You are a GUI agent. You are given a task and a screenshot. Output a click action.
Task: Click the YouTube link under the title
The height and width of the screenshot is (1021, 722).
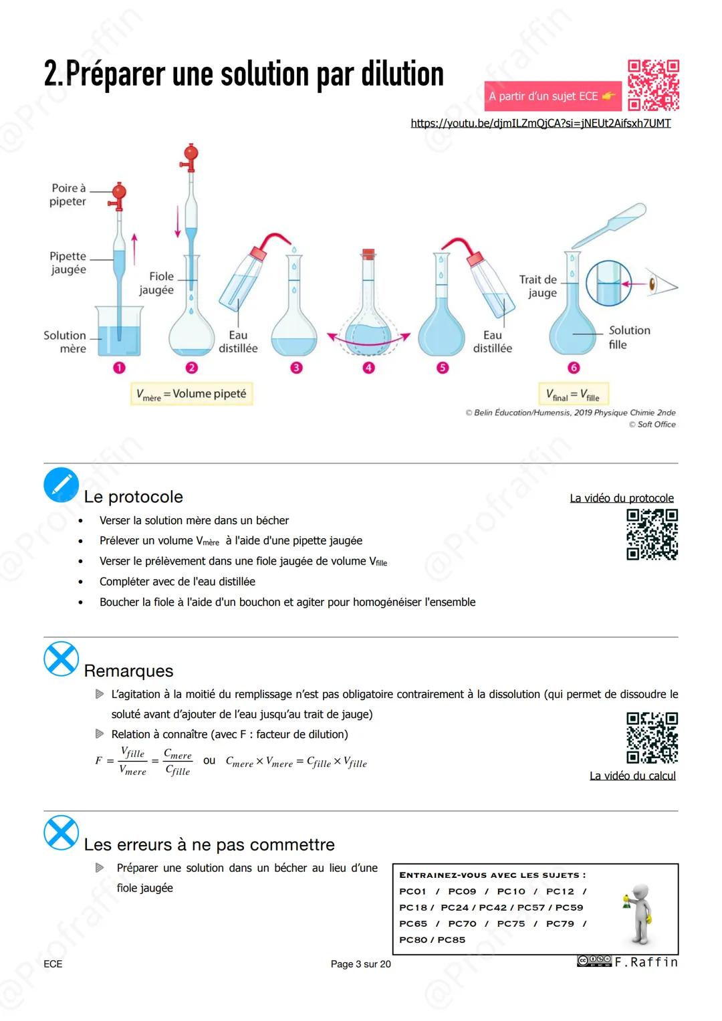540,123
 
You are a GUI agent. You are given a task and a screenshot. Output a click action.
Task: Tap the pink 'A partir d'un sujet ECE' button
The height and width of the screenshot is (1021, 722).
552,96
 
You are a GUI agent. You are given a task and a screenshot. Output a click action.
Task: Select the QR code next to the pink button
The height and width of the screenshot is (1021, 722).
653,85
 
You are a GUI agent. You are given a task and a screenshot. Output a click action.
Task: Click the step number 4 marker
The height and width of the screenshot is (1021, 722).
368,368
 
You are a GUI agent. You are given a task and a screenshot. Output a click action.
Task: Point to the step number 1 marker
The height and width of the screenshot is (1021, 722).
119,368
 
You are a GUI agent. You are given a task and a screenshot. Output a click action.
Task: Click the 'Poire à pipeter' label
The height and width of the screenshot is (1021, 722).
68,195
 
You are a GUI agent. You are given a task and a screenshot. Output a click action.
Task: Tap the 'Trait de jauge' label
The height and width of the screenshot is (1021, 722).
538,286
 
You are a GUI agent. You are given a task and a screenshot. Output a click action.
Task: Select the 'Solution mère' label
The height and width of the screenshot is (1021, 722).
66,342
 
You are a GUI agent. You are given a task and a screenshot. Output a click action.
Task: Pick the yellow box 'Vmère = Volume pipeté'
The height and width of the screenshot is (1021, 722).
191,394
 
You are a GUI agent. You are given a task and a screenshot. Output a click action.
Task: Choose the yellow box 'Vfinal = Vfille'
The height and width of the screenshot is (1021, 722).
573,394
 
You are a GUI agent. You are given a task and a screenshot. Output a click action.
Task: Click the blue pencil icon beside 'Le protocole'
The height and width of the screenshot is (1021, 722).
61,485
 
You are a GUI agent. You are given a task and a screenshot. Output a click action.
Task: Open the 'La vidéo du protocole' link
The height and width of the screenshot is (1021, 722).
621,498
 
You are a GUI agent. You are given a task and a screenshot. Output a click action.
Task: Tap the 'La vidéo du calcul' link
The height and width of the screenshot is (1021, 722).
632,776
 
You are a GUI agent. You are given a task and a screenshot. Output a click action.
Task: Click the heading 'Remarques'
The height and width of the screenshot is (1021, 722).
128,671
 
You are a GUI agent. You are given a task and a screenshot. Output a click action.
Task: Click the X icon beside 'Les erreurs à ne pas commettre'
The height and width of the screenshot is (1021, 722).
61,832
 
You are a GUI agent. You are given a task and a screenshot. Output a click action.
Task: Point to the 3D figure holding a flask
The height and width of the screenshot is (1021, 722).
639,913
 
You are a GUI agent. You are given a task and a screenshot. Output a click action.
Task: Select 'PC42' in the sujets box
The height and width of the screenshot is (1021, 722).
493,907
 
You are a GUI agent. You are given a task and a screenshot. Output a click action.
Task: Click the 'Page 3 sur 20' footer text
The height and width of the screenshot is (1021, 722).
360,963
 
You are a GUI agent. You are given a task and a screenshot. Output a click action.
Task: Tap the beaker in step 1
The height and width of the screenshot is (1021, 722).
119,332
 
